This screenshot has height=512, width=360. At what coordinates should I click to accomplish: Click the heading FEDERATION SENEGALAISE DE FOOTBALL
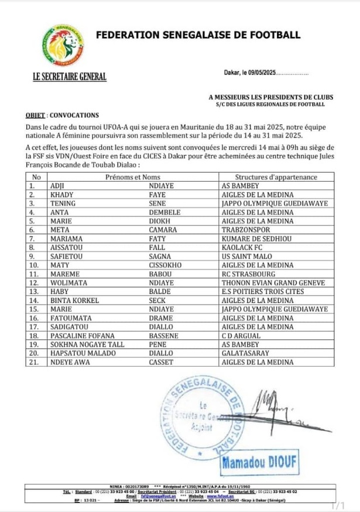point(198,35)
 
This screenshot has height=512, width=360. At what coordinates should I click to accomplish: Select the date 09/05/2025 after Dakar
point(262,73)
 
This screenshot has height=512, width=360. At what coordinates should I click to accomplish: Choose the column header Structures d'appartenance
point(276,176)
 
